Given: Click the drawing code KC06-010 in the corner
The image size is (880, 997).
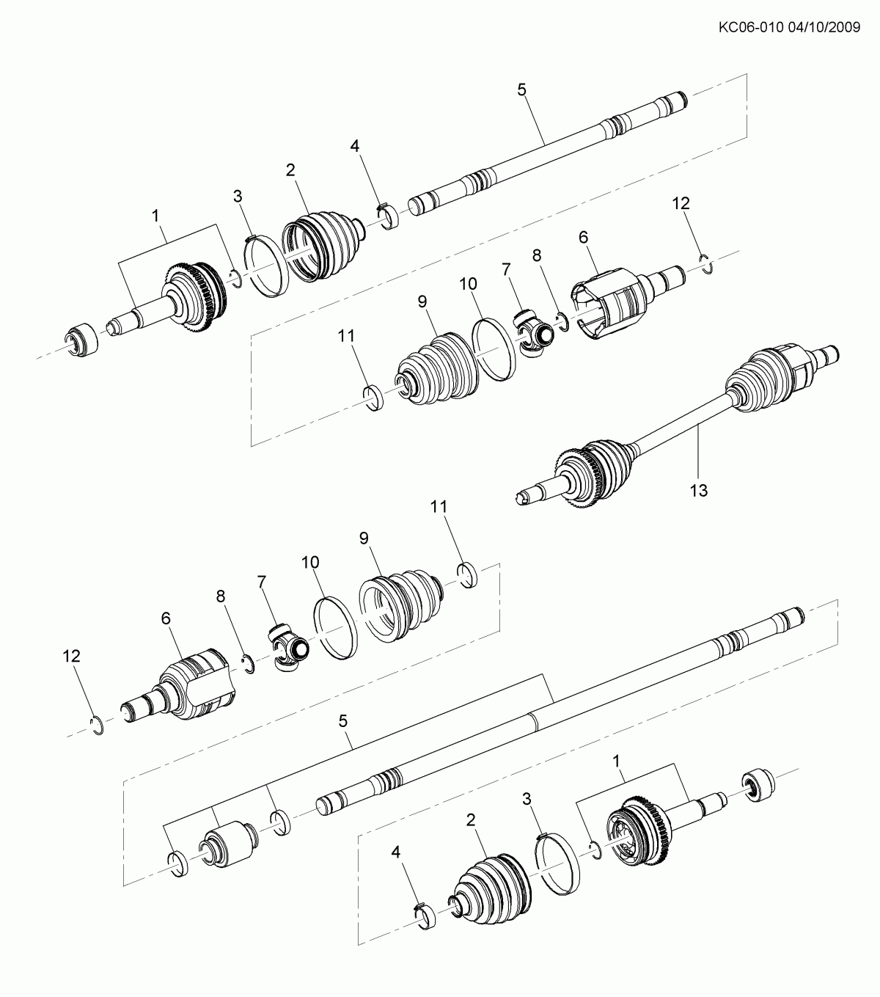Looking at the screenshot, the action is pos(751,27).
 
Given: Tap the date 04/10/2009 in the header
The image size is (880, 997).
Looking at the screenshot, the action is pos(824,27).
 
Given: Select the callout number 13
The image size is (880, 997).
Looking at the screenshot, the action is pos(698,490).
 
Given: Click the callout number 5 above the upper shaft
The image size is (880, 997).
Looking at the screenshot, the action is pos(521,90).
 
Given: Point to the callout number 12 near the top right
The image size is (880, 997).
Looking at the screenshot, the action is pos(681,203).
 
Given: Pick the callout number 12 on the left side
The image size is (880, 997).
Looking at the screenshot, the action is pos(71,655).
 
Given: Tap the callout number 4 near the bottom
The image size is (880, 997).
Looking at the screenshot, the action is pos(396,852).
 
